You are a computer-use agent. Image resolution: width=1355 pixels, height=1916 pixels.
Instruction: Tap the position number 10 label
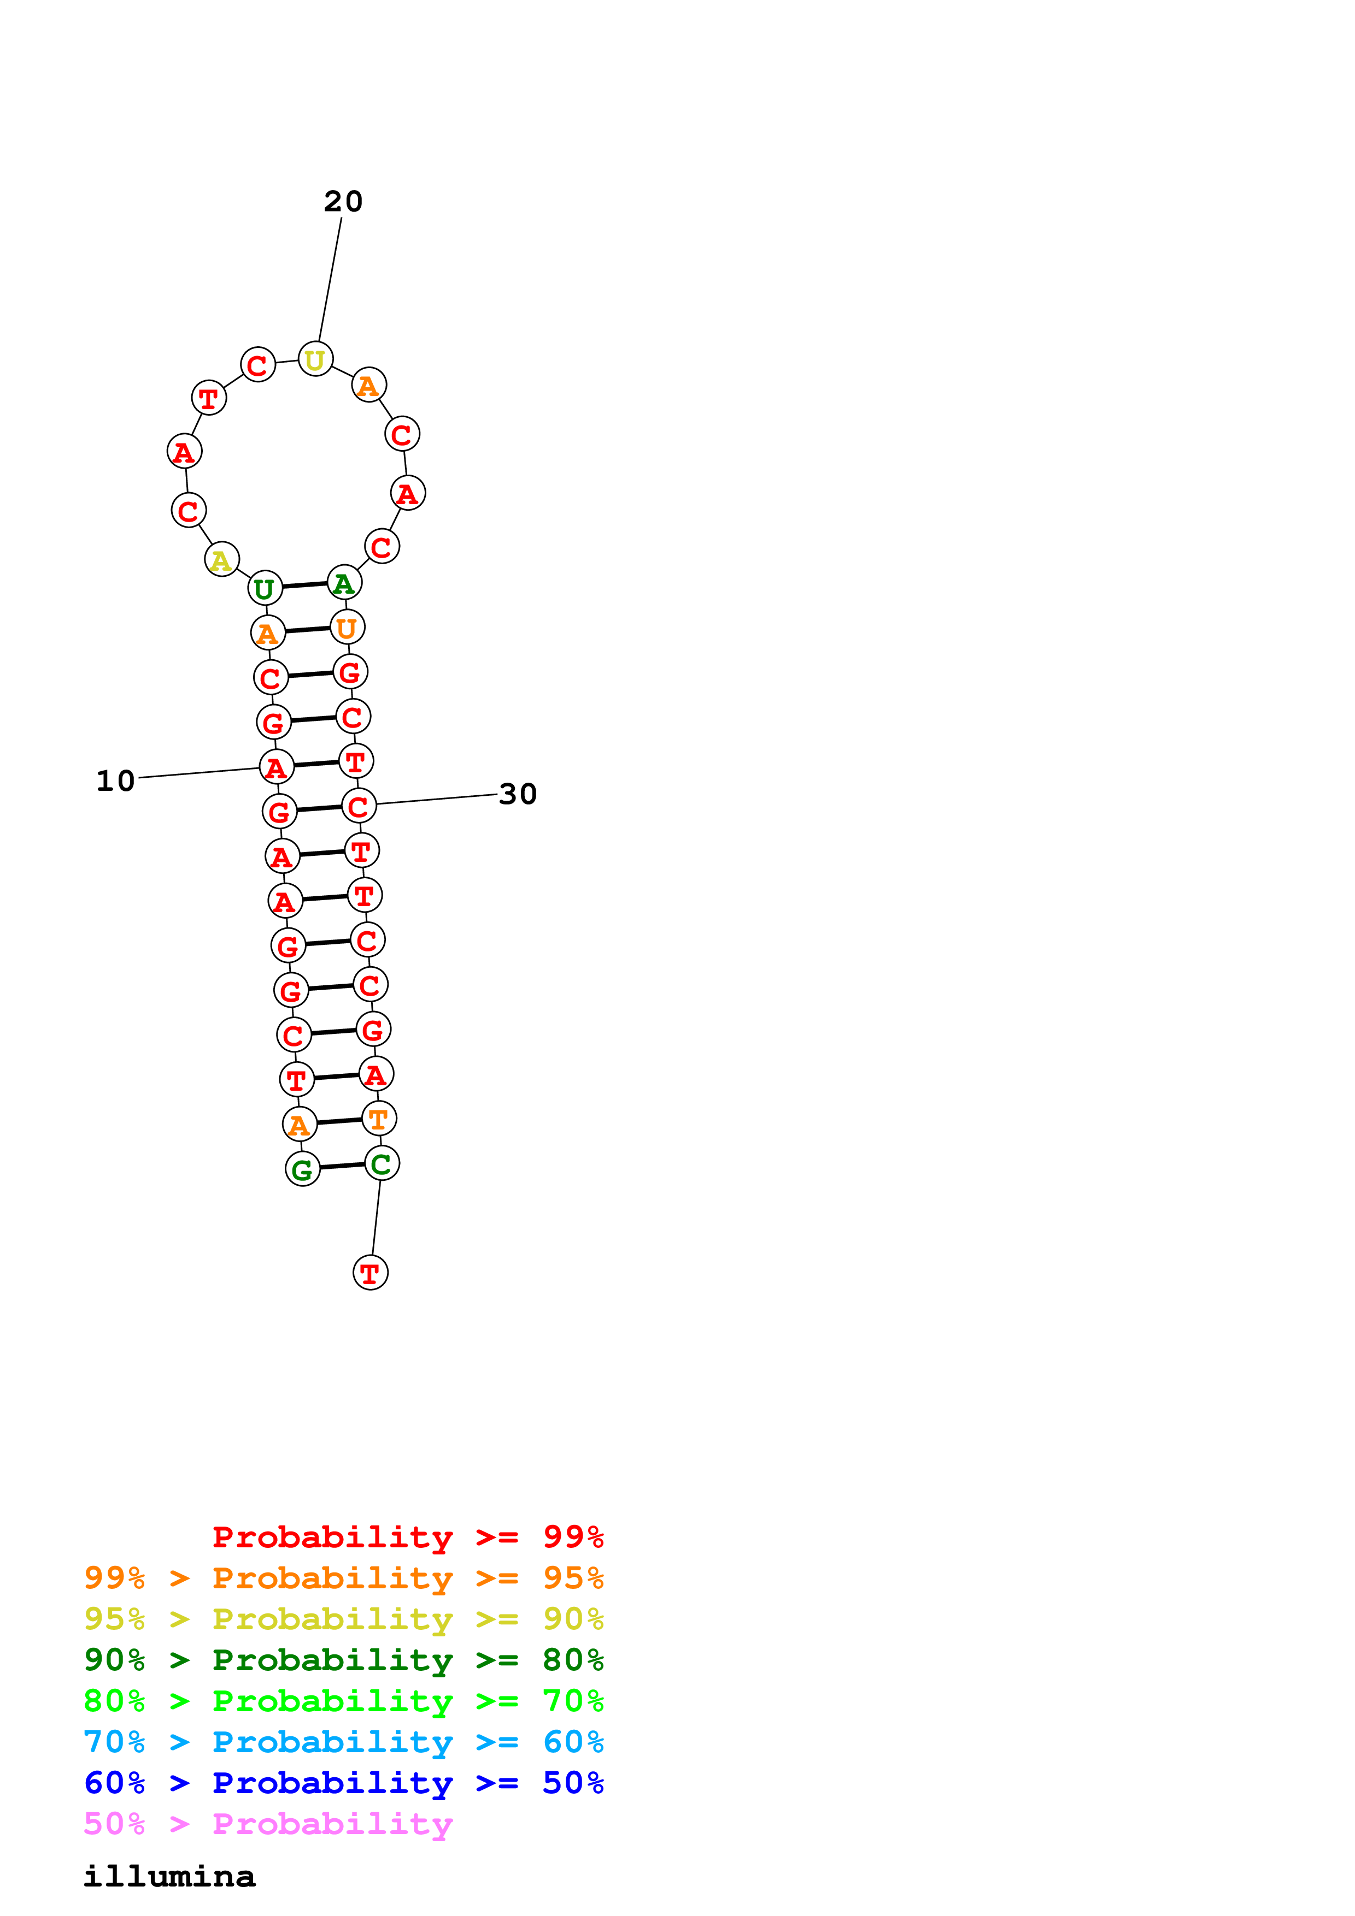pyautogui.click(x=115, y=781)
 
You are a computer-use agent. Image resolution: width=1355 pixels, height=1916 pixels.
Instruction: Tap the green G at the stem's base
pyautogui.click(x=302, y=1169)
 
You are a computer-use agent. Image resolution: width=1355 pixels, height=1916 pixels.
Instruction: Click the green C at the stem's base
pyautogui.click(x=382, y=1163)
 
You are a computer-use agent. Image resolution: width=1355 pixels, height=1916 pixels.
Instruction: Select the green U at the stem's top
pyautogui.click(x=265, y=588)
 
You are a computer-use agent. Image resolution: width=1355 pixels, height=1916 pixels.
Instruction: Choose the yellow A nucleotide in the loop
pyautogui.click(x=221, y=559)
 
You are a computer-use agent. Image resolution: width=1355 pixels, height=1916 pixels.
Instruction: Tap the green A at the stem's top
pyautogui.click(x=343, y=582)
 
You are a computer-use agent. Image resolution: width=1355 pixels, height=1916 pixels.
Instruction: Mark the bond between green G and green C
pyautogui.click(x=342, y=1166)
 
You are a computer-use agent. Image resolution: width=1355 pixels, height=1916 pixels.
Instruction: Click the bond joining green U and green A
pyautogui.click(x=305, y=585)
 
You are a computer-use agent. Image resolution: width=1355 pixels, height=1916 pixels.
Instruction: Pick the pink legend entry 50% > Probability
pyautogui.click(x=267, y=1824)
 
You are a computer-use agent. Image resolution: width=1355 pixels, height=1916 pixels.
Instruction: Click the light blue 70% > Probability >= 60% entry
pyautogui.click(x=343, y=1742)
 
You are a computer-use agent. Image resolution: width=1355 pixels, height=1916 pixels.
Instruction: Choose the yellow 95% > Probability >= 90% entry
pyautogui.click(x=343, y=1619)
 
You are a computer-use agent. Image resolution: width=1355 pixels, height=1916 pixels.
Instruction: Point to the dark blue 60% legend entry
pyautogui.click(x=343, y=1783)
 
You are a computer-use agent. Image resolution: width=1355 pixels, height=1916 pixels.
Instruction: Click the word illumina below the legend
pyautogui.click(x=169, y=1877)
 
